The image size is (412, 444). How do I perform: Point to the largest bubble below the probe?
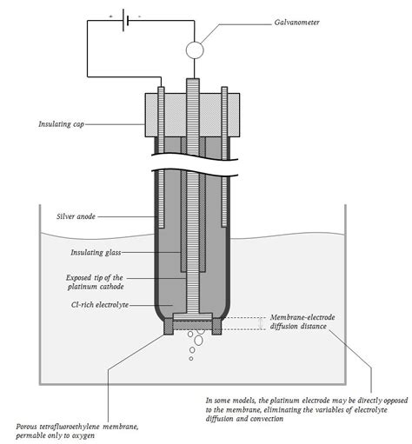197,341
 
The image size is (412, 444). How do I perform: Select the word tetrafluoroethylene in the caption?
79,426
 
